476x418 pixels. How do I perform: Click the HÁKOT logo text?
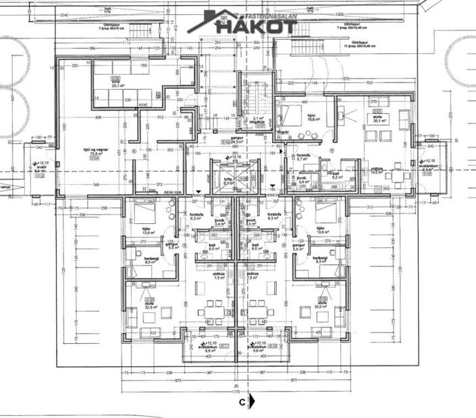(x=257, y=26)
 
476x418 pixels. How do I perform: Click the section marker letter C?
(x=241, y=402)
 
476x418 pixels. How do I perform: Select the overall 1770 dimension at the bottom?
(x=236, y=390)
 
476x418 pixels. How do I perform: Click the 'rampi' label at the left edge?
(x=5, y=187)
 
